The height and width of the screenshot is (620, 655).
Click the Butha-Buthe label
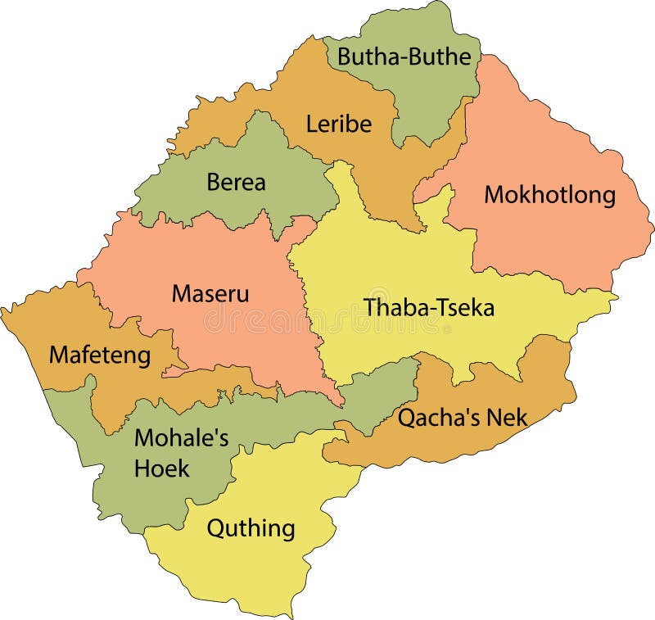point(404,57)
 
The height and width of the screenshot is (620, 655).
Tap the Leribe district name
point(338,124)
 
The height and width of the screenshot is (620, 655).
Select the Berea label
point(236,182)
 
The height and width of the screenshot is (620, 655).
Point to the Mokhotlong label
point(549,195)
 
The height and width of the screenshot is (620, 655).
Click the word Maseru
point(210,292)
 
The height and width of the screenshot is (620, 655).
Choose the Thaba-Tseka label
point(429,307)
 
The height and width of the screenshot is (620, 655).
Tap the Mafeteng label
point(100,355)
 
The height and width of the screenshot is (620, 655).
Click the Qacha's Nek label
point(463,418)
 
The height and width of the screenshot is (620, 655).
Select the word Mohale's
point(181,438)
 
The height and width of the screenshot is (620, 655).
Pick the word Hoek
point(162,468)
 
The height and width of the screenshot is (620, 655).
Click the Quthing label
point(251,528)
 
